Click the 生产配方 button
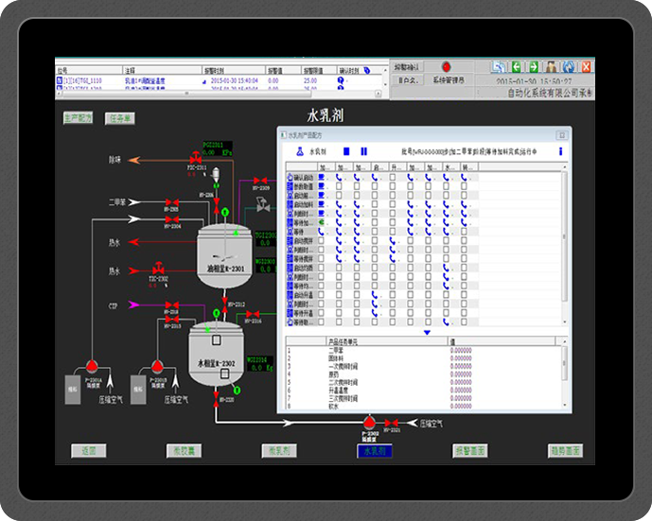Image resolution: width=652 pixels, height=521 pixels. point(78,118)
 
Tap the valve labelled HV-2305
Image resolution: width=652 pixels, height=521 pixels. point(172,202)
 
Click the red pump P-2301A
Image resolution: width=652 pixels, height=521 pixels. point(92,365)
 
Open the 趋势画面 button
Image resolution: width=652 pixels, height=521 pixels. point(565,451)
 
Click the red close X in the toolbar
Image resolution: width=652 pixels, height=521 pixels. point(586,66)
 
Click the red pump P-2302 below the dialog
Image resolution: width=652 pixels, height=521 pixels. point(370,422)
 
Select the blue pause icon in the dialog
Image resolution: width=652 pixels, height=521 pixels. point(363,151)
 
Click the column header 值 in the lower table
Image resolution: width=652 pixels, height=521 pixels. point(452,341)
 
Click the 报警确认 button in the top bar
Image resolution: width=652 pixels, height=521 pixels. point(408,67)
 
